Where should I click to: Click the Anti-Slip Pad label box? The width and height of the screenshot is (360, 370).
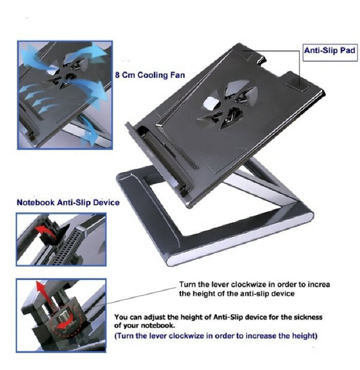point(330,53)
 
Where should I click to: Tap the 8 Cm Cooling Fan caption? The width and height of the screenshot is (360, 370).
point(150,75)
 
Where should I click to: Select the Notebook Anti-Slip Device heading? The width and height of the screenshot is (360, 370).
point(68,202)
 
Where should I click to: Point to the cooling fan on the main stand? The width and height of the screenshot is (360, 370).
point(227,105)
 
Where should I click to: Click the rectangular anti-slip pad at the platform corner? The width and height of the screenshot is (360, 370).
point(297,85)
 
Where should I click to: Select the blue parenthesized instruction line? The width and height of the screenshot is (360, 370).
point(216,336)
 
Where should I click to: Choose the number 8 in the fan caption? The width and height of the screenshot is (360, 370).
point(117,75)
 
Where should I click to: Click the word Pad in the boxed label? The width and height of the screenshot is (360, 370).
point(347,50)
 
